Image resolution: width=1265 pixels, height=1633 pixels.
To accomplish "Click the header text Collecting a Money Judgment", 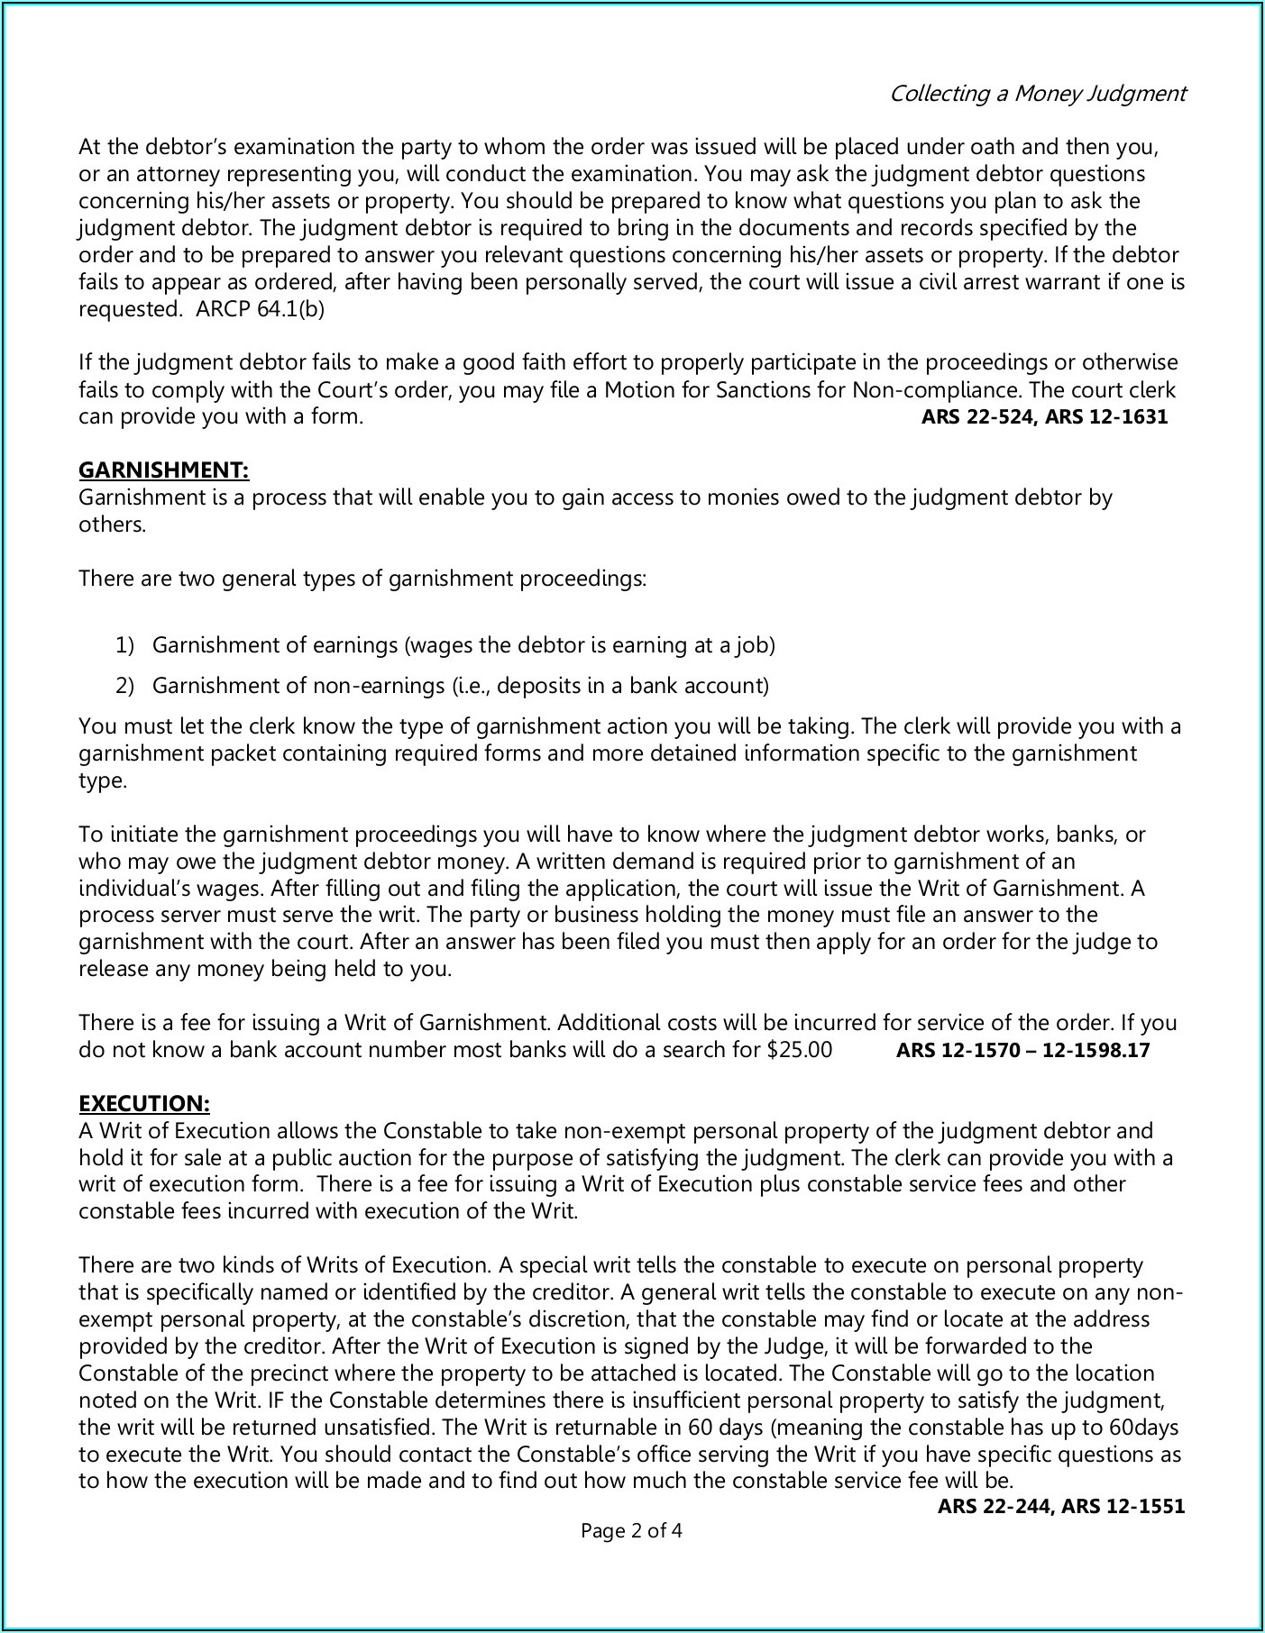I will click(1037, 94).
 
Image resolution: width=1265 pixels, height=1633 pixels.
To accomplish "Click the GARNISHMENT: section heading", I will click(163, 470).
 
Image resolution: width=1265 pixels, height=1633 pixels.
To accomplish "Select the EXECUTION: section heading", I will click(144, 1104).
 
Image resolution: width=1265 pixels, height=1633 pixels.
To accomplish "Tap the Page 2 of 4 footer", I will click(631, 1530).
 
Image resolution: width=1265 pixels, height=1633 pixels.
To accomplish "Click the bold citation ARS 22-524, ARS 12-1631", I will click(1044, 417).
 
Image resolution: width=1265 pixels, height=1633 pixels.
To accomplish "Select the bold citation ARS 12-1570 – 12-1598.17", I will click(1022, 1050).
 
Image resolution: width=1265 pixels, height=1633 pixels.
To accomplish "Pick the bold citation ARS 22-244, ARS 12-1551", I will click(1061, 1506).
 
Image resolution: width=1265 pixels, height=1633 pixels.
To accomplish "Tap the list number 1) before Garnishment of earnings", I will click(124, 645).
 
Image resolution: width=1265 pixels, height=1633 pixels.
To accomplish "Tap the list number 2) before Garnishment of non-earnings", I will click(124, 686).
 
